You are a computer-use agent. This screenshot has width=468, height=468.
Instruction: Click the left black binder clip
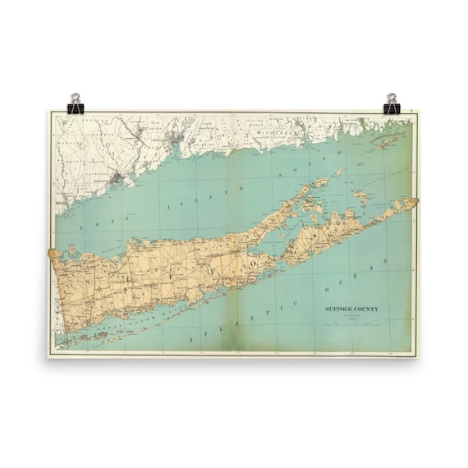tap(76, 103)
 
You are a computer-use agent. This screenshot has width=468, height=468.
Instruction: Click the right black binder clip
tap(391, 103)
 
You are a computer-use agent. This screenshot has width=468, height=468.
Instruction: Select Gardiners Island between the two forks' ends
tap(360, 197)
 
